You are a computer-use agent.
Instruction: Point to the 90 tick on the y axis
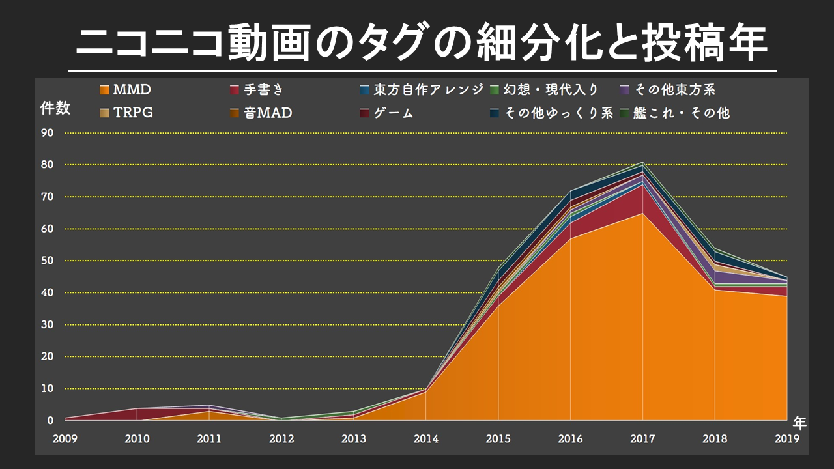(47, 133)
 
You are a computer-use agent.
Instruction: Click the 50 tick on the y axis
(47, 261)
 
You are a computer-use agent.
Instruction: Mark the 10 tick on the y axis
(47, 388)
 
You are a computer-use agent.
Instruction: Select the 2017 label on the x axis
(642, 439)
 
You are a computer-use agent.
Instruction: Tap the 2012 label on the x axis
(281, 439)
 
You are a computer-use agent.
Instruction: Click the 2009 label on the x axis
(65, 439)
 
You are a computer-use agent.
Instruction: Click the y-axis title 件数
(55, 108)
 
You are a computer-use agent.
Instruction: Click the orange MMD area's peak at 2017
(642, 214)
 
